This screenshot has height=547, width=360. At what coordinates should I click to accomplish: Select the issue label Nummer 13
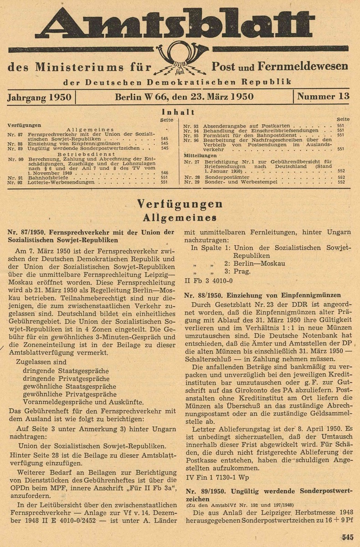[x=323, y=96]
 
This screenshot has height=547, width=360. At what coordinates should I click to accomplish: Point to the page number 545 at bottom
[x=347, y=537]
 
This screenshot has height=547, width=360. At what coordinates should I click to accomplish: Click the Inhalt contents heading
[x=178, y=112]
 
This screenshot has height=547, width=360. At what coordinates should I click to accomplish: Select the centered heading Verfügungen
[x=180, y=203]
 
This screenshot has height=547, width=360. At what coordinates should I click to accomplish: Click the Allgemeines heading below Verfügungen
[x=180, y=217]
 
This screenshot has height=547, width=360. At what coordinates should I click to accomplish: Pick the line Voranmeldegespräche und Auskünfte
[x=83, y=402]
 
